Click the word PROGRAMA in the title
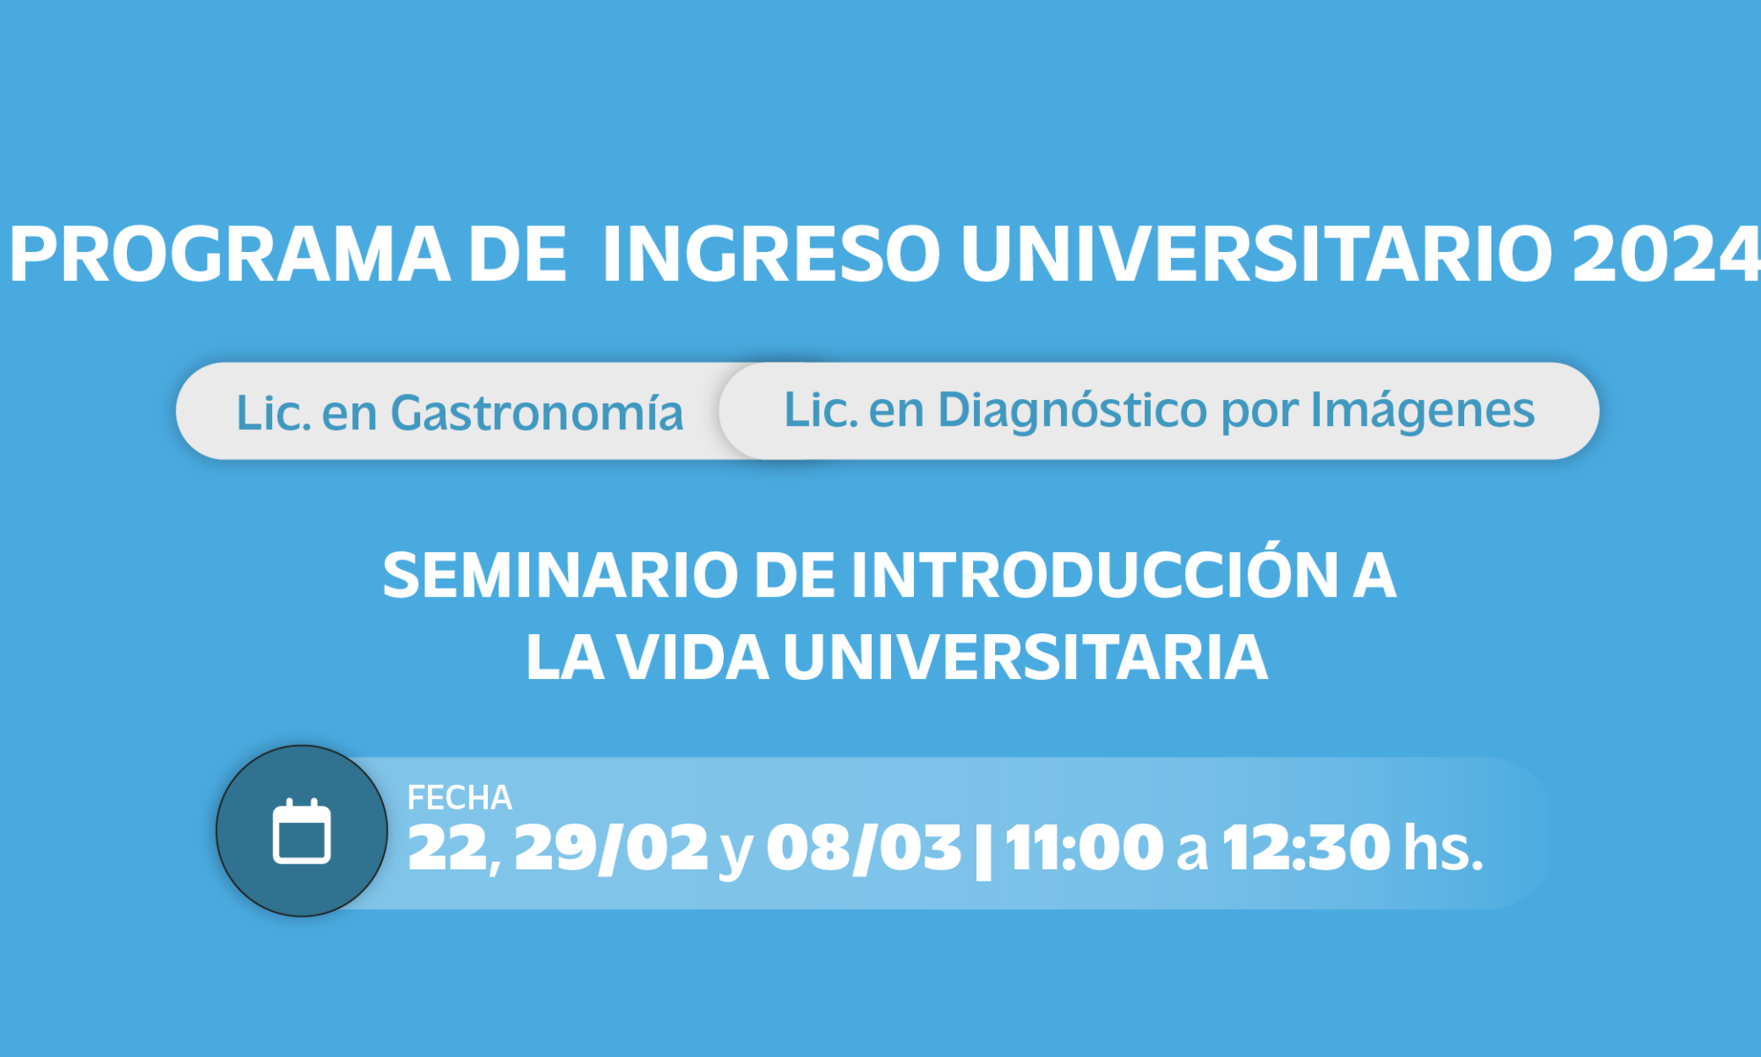(x=230, y=255)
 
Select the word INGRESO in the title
(x=771, y=255)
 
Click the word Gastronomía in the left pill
(x=536, y=412)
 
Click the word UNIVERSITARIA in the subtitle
(x=1025, y=657)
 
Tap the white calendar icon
(x=302, y=831)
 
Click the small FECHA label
(x=460, y=797)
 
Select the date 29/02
(x=611, y=848)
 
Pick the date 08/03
(x=864, y=848)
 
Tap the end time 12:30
(x=1307, y=847)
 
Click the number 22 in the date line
(x=448, y=847)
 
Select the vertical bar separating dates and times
(x=984, y=850)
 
